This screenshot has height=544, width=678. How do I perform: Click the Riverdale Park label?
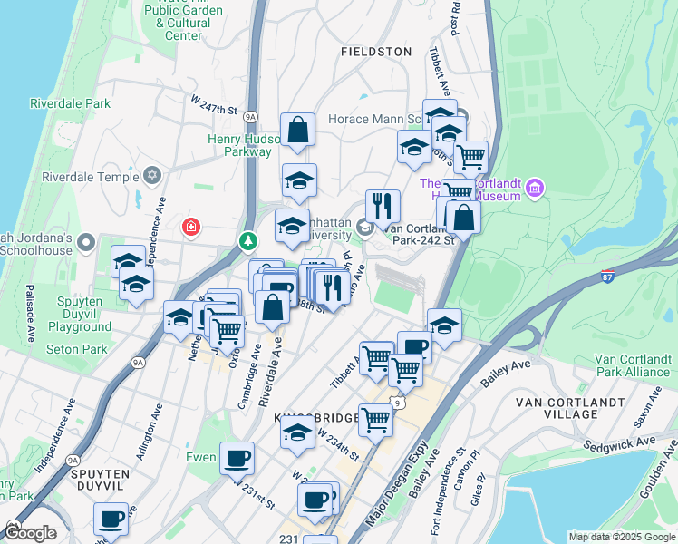pyautogui.click(x=70, y=104)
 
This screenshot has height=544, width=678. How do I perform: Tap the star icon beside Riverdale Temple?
pyautogui.click(x=151, y=174)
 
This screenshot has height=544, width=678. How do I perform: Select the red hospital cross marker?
pyautogui.click(x=191, y=225)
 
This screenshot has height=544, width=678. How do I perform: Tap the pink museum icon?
pyautogui.click(x=535, y=189)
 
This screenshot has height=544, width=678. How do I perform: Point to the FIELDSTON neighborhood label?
pyautogui.click(x=376, y=53)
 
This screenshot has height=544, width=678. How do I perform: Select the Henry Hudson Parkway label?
pyautogui.click(x=239, y=145)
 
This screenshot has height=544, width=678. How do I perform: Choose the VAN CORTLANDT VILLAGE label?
pyautogui.click(x=570, y=408)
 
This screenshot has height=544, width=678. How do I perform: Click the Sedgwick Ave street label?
pyautogui.click(x=644, y=444)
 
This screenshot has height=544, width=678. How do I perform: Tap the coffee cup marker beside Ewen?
pyautogui.click(x=237, y=459)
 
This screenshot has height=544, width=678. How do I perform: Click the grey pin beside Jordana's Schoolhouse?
pyautogui.click(x=86, y=242)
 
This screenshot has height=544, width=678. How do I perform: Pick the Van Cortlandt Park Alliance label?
pyautogui.click(x=633, y=365)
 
